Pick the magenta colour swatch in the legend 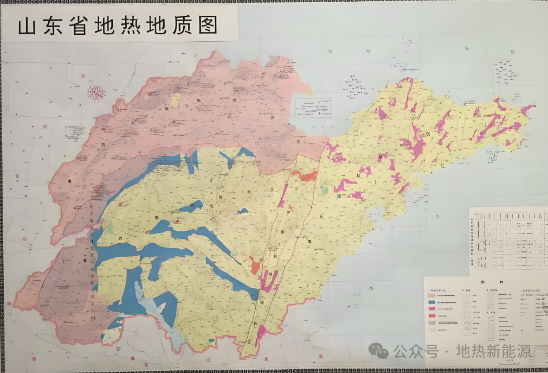432,308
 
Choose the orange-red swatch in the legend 432,315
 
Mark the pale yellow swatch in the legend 432,329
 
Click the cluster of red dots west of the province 96,93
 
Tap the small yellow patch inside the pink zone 176,100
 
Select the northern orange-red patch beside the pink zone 307,176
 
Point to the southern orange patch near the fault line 255,267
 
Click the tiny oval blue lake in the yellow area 243,211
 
